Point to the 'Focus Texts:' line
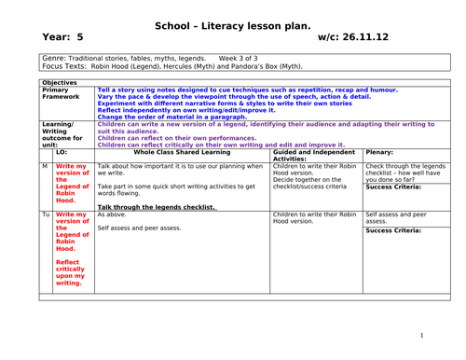pos(171,67)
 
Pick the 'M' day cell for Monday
pos(45,166)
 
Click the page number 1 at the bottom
pos(421,335)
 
